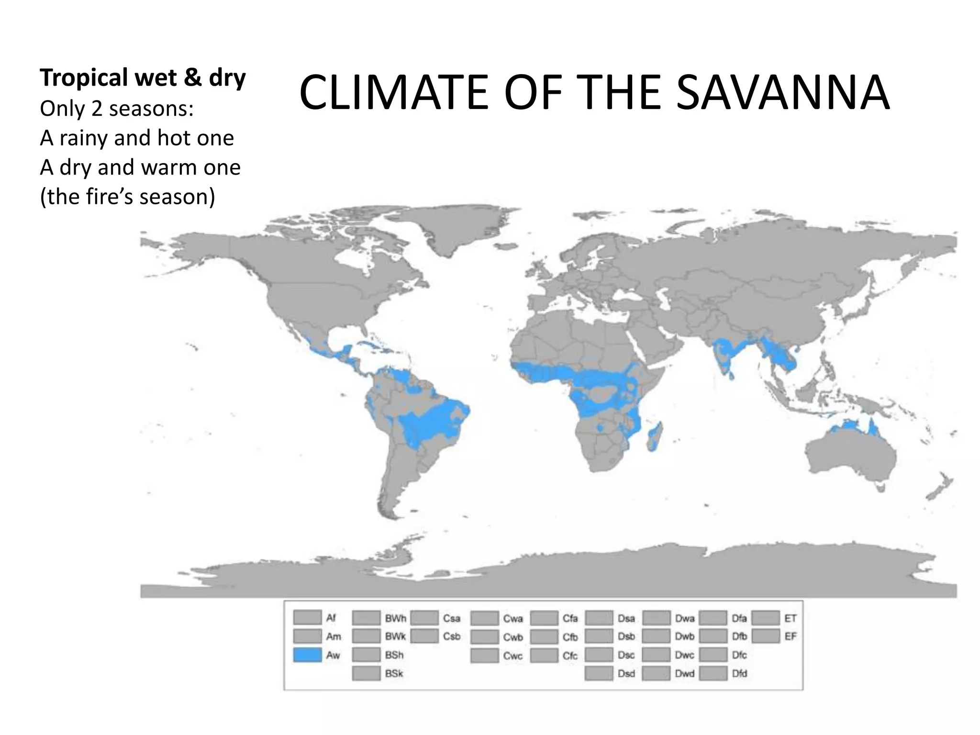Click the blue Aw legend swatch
307,655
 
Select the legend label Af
331,618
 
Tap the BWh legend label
396,618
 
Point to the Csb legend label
452,636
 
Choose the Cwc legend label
513,656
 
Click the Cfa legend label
570,618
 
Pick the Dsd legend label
626,674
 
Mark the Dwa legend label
685,618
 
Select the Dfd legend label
739,674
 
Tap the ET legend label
791,618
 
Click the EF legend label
791,636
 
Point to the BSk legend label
394,674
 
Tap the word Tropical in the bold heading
84,78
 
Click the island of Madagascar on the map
655,435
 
